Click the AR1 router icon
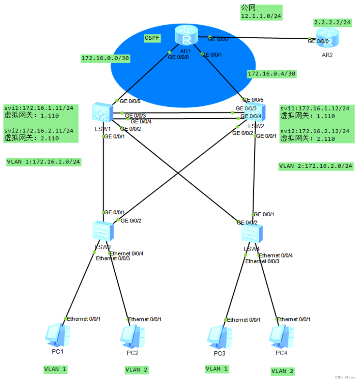click(x=186, y=35)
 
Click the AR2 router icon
click(x=327, y=37)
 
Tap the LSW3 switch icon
click(x=103, y=231)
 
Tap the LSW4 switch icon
click(x=252, y=233)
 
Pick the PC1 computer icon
click(x=58, y=335)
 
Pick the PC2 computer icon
click(x=132, y=337)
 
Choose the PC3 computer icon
click(x=219, y=337)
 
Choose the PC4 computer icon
click(x=281, y=337)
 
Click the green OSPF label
click(x=152, y=38)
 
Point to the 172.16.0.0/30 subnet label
click(x=105, y=58)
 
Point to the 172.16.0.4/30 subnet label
click(x=271, y=74)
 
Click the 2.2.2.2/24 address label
click(x=332, y=23)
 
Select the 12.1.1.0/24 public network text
click(x=261, y=16)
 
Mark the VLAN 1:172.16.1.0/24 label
click(x=44, y=162)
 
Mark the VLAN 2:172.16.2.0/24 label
click(x=316, y=166)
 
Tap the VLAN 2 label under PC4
click(x=282, y=371)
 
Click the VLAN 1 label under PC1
click(x=55, y=369)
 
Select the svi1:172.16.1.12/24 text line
click(x=315, y=109)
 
